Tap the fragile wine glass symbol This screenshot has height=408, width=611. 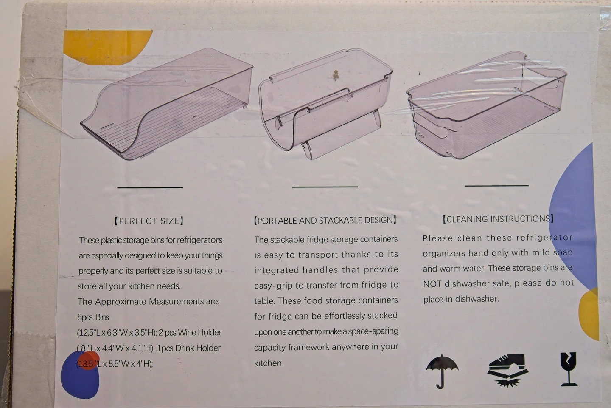click(569, 369)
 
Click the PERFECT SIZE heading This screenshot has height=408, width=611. click(149, 221)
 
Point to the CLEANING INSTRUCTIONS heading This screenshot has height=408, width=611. click(498, 219)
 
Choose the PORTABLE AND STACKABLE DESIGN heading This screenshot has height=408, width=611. click(325, 220)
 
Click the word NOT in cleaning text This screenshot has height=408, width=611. click(432, 284)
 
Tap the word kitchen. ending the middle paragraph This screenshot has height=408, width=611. click(269, 363)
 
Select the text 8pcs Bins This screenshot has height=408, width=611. click(93, 317)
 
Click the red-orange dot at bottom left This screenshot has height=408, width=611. click(89, 360)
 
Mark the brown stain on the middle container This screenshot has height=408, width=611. click(335, 75)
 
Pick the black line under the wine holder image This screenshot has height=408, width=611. click(325, 187)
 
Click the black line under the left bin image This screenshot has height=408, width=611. click(150, 187)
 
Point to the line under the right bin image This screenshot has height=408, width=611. click(496, 186)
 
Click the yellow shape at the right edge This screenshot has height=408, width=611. click(589, 314)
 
